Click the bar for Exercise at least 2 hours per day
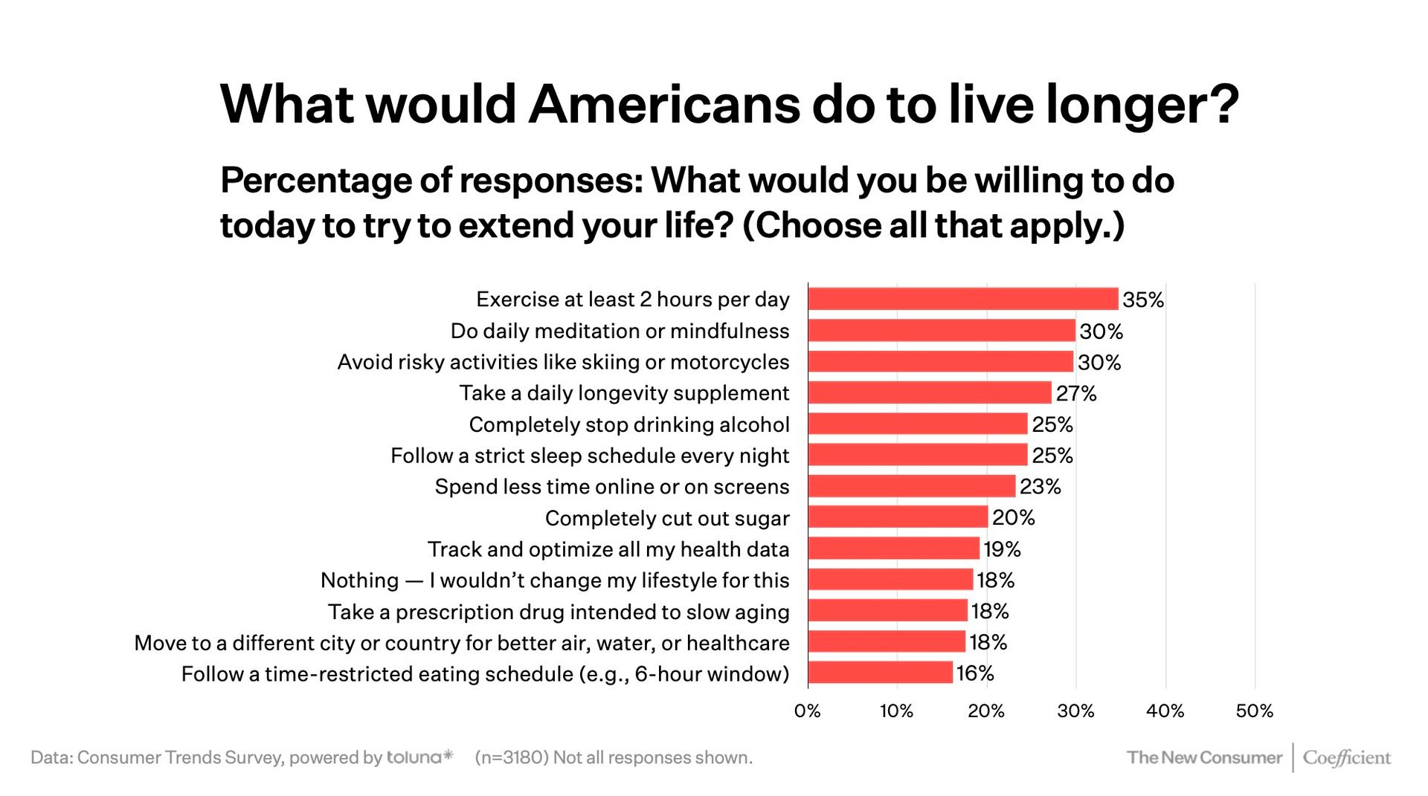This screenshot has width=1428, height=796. (x=962, y=299)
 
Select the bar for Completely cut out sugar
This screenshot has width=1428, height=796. (x=898, y=517)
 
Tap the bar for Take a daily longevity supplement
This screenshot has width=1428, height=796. (x=930, y=392)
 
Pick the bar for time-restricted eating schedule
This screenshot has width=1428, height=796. (x=880, y=673)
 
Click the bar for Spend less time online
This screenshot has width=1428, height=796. (x=911, y=486)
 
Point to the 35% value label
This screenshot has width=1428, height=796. (x=1143, y=300)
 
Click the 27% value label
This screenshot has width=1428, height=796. (x=1076, y=393)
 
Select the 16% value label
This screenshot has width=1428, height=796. (x=975, y=673)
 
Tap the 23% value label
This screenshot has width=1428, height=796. (x=1040, y=487)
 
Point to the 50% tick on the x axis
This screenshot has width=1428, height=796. (x=1255, y=711)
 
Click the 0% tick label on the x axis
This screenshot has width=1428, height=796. (x=808, y=711)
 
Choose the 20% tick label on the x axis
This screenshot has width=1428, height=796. (x=986, y=711)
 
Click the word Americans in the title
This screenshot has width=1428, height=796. (x=664, y=103)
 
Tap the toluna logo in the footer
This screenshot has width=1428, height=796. (x=419, y=757)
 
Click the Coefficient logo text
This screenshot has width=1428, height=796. (x=1347, y=757)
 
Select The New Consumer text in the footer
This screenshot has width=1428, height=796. (x=1204, y=757)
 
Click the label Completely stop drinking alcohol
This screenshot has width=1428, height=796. (x=629, y=424)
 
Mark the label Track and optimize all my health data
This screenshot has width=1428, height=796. (x=608, y=549)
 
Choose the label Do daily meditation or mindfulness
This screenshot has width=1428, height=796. (x=620, y=331)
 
